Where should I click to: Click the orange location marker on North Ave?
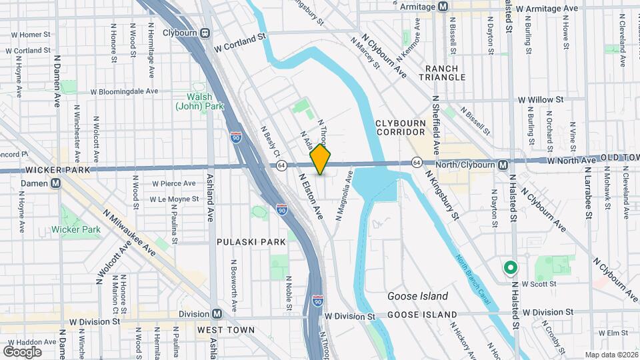click(321, 159)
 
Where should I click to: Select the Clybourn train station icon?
click(205, 32)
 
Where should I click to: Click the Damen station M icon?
click(57, 183)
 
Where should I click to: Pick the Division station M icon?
click(216, 313)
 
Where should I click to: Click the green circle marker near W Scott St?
click(511, 268)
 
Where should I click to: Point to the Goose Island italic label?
click(418, 295)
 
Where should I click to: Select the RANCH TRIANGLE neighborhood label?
click(442, 72)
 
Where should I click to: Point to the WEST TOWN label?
click(227, 330)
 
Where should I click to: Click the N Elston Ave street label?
click(311, 197)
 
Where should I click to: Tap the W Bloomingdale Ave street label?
click(125, 91)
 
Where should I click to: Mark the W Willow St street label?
click(541, 99)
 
